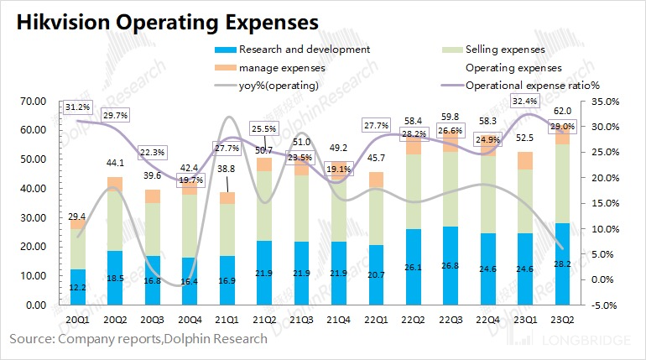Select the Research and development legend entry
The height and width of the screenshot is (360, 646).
coord(304,50)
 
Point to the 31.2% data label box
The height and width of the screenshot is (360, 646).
coord(78,107)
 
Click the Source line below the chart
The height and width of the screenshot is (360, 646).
coord(138,339)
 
